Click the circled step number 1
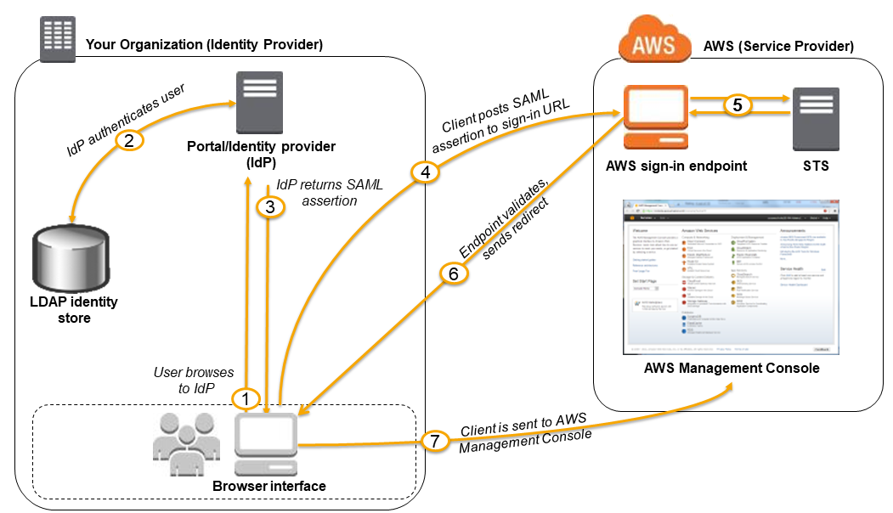click(246, 397)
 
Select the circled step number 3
click(269, 206)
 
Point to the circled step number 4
click(424, 172)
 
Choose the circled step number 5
click(737, 105)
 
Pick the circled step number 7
click(434, 442)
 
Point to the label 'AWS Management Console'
click(732, 369)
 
